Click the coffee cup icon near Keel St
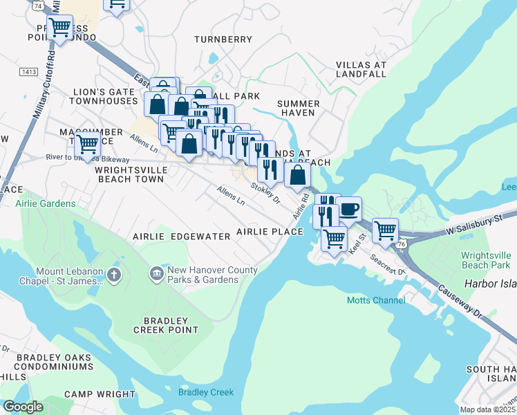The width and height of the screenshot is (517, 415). click(x=348, y=208)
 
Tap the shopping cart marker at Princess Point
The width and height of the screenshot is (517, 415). click(x=60, y=28)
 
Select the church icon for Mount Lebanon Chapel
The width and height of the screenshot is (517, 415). click(x=115, y=275)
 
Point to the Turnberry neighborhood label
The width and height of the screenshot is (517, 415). click(x=223, y=39)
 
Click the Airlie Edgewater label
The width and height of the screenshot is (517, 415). click(x=182, y=236)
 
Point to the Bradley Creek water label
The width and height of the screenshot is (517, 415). click(x=206, y=392)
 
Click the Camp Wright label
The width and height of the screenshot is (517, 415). click(x=100, y=394)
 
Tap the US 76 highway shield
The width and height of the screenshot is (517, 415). click(x=402, y=244)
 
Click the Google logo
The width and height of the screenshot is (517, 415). click(x=23, y=406)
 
